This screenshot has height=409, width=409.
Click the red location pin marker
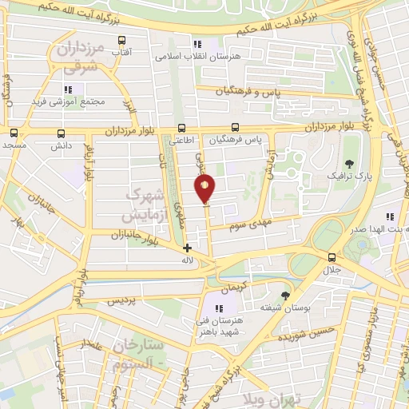204,189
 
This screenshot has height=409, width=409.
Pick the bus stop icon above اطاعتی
182,127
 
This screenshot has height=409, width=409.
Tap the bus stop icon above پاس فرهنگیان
235,127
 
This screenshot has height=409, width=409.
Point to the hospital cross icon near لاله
188,248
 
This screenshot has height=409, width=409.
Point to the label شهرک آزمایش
145,205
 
